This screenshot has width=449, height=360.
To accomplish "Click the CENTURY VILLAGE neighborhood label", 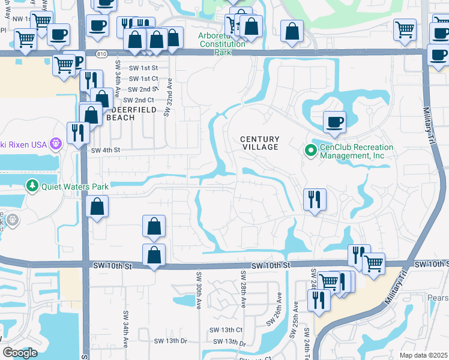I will pos(260,143).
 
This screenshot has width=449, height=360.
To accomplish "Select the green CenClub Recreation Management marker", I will pos(311,150).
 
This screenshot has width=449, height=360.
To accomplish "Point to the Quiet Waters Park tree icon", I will pos(32,186).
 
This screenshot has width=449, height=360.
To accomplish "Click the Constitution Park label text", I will pos(222,44).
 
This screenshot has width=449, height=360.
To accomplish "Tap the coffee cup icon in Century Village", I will pos(334,122).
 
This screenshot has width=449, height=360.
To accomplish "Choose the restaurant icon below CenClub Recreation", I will pos(315,199).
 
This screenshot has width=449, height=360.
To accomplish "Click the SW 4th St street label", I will pos(106,150).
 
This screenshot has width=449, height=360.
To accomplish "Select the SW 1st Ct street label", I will pos(143,79).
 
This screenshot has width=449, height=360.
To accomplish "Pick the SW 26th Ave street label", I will pos(279,309).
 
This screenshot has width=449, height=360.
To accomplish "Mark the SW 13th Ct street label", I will pos(226,331).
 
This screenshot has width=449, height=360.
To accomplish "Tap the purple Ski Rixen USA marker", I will pos(56,143).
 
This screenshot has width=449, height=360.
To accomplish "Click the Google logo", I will pos(20,353).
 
